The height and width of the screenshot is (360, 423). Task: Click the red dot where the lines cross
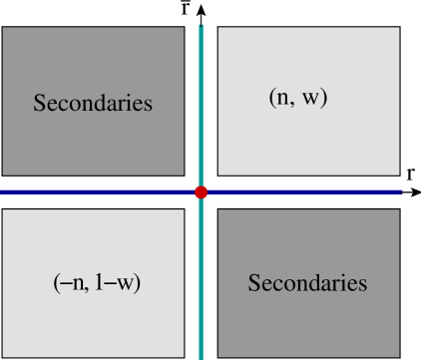(x=201, y=191)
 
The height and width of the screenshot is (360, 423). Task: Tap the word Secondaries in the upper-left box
(x=93, y=103)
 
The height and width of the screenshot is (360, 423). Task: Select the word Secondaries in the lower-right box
(x=307, y=283)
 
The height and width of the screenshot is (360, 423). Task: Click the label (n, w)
(x=298, y=98)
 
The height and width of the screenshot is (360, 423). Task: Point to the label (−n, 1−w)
(x=97, y=282)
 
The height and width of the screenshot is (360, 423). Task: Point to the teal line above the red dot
(x=201, y=100)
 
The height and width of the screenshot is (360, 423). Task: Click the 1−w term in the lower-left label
(x=118, y=282)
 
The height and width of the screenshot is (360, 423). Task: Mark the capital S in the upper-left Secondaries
(x=39, y=103)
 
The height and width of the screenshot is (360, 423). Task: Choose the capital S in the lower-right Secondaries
(x=253, y=283)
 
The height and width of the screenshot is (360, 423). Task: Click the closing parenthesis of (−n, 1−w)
(x=138, y=282)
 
